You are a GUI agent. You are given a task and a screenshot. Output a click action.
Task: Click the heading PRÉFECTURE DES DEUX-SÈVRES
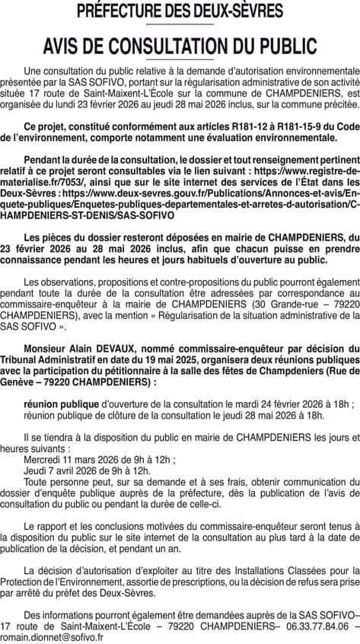(x=180, y=11)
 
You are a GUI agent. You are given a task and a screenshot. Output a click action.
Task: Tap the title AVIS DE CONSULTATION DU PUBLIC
(x=180, y=43)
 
